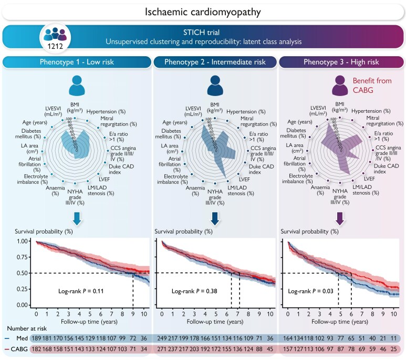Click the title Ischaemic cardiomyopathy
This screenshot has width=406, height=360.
(202, 10)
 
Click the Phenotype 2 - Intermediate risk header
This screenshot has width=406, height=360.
(216, 62)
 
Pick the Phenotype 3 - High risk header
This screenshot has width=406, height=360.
(341, 62)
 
